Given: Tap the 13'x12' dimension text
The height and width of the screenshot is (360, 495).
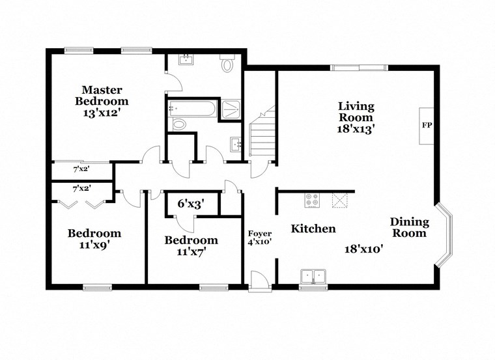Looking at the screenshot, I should [101, 112].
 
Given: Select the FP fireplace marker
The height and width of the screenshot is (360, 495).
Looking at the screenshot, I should [427, 125].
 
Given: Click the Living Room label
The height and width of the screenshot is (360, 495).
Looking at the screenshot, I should [356, 111].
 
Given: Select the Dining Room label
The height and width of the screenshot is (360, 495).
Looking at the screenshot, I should [409, 228].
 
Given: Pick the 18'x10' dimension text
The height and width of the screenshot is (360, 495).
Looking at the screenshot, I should [363, 248].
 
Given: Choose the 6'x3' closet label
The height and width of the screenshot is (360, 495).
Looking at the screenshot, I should [191, 204].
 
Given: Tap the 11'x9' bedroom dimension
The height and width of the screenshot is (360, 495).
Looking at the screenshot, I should [94, 246].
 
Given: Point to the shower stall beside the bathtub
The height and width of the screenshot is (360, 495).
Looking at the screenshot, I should [231, 109].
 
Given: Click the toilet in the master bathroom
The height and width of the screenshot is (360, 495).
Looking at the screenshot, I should [227, 65].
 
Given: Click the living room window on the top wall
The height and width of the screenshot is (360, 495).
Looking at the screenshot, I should [358, 68].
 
